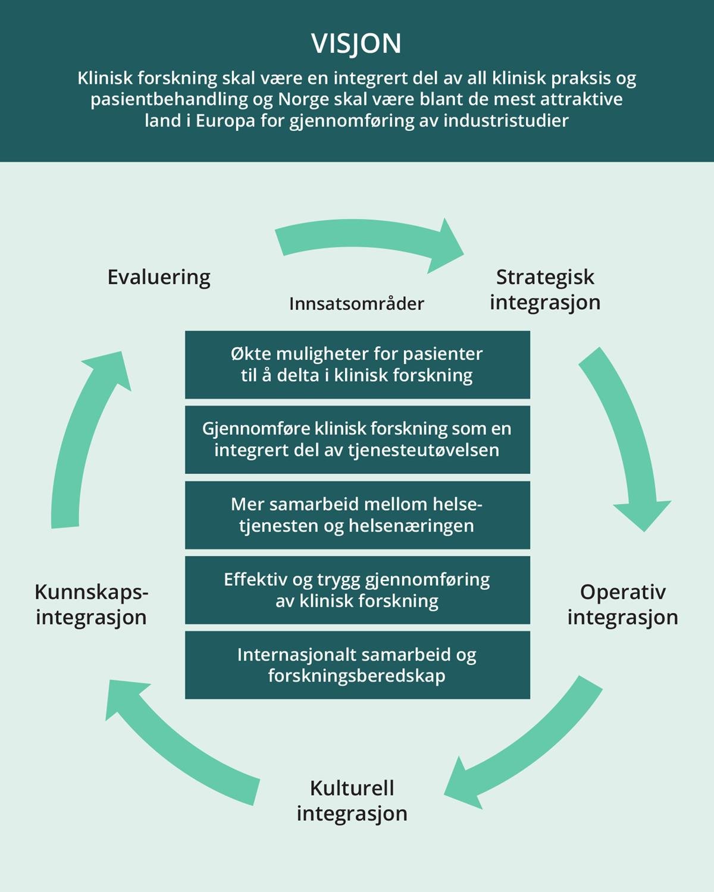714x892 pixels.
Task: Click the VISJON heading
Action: (356, 43)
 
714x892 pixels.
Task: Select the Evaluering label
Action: (159, 277)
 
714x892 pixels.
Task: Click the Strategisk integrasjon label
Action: (545, 290)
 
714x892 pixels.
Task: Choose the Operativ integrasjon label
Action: (622, 604)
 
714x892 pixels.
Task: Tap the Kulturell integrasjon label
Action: (352, 800)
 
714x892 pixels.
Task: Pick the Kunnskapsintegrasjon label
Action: (91, 604)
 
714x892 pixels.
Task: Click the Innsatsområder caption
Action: (356, 304)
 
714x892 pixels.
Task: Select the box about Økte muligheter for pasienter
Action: (357, 365)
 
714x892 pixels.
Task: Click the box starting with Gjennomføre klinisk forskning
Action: (357, 439)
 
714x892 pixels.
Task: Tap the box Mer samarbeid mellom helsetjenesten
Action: (357, 515)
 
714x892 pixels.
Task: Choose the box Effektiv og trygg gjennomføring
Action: (357, 590)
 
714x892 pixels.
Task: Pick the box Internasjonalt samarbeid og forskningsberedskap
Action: (357, 665)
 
